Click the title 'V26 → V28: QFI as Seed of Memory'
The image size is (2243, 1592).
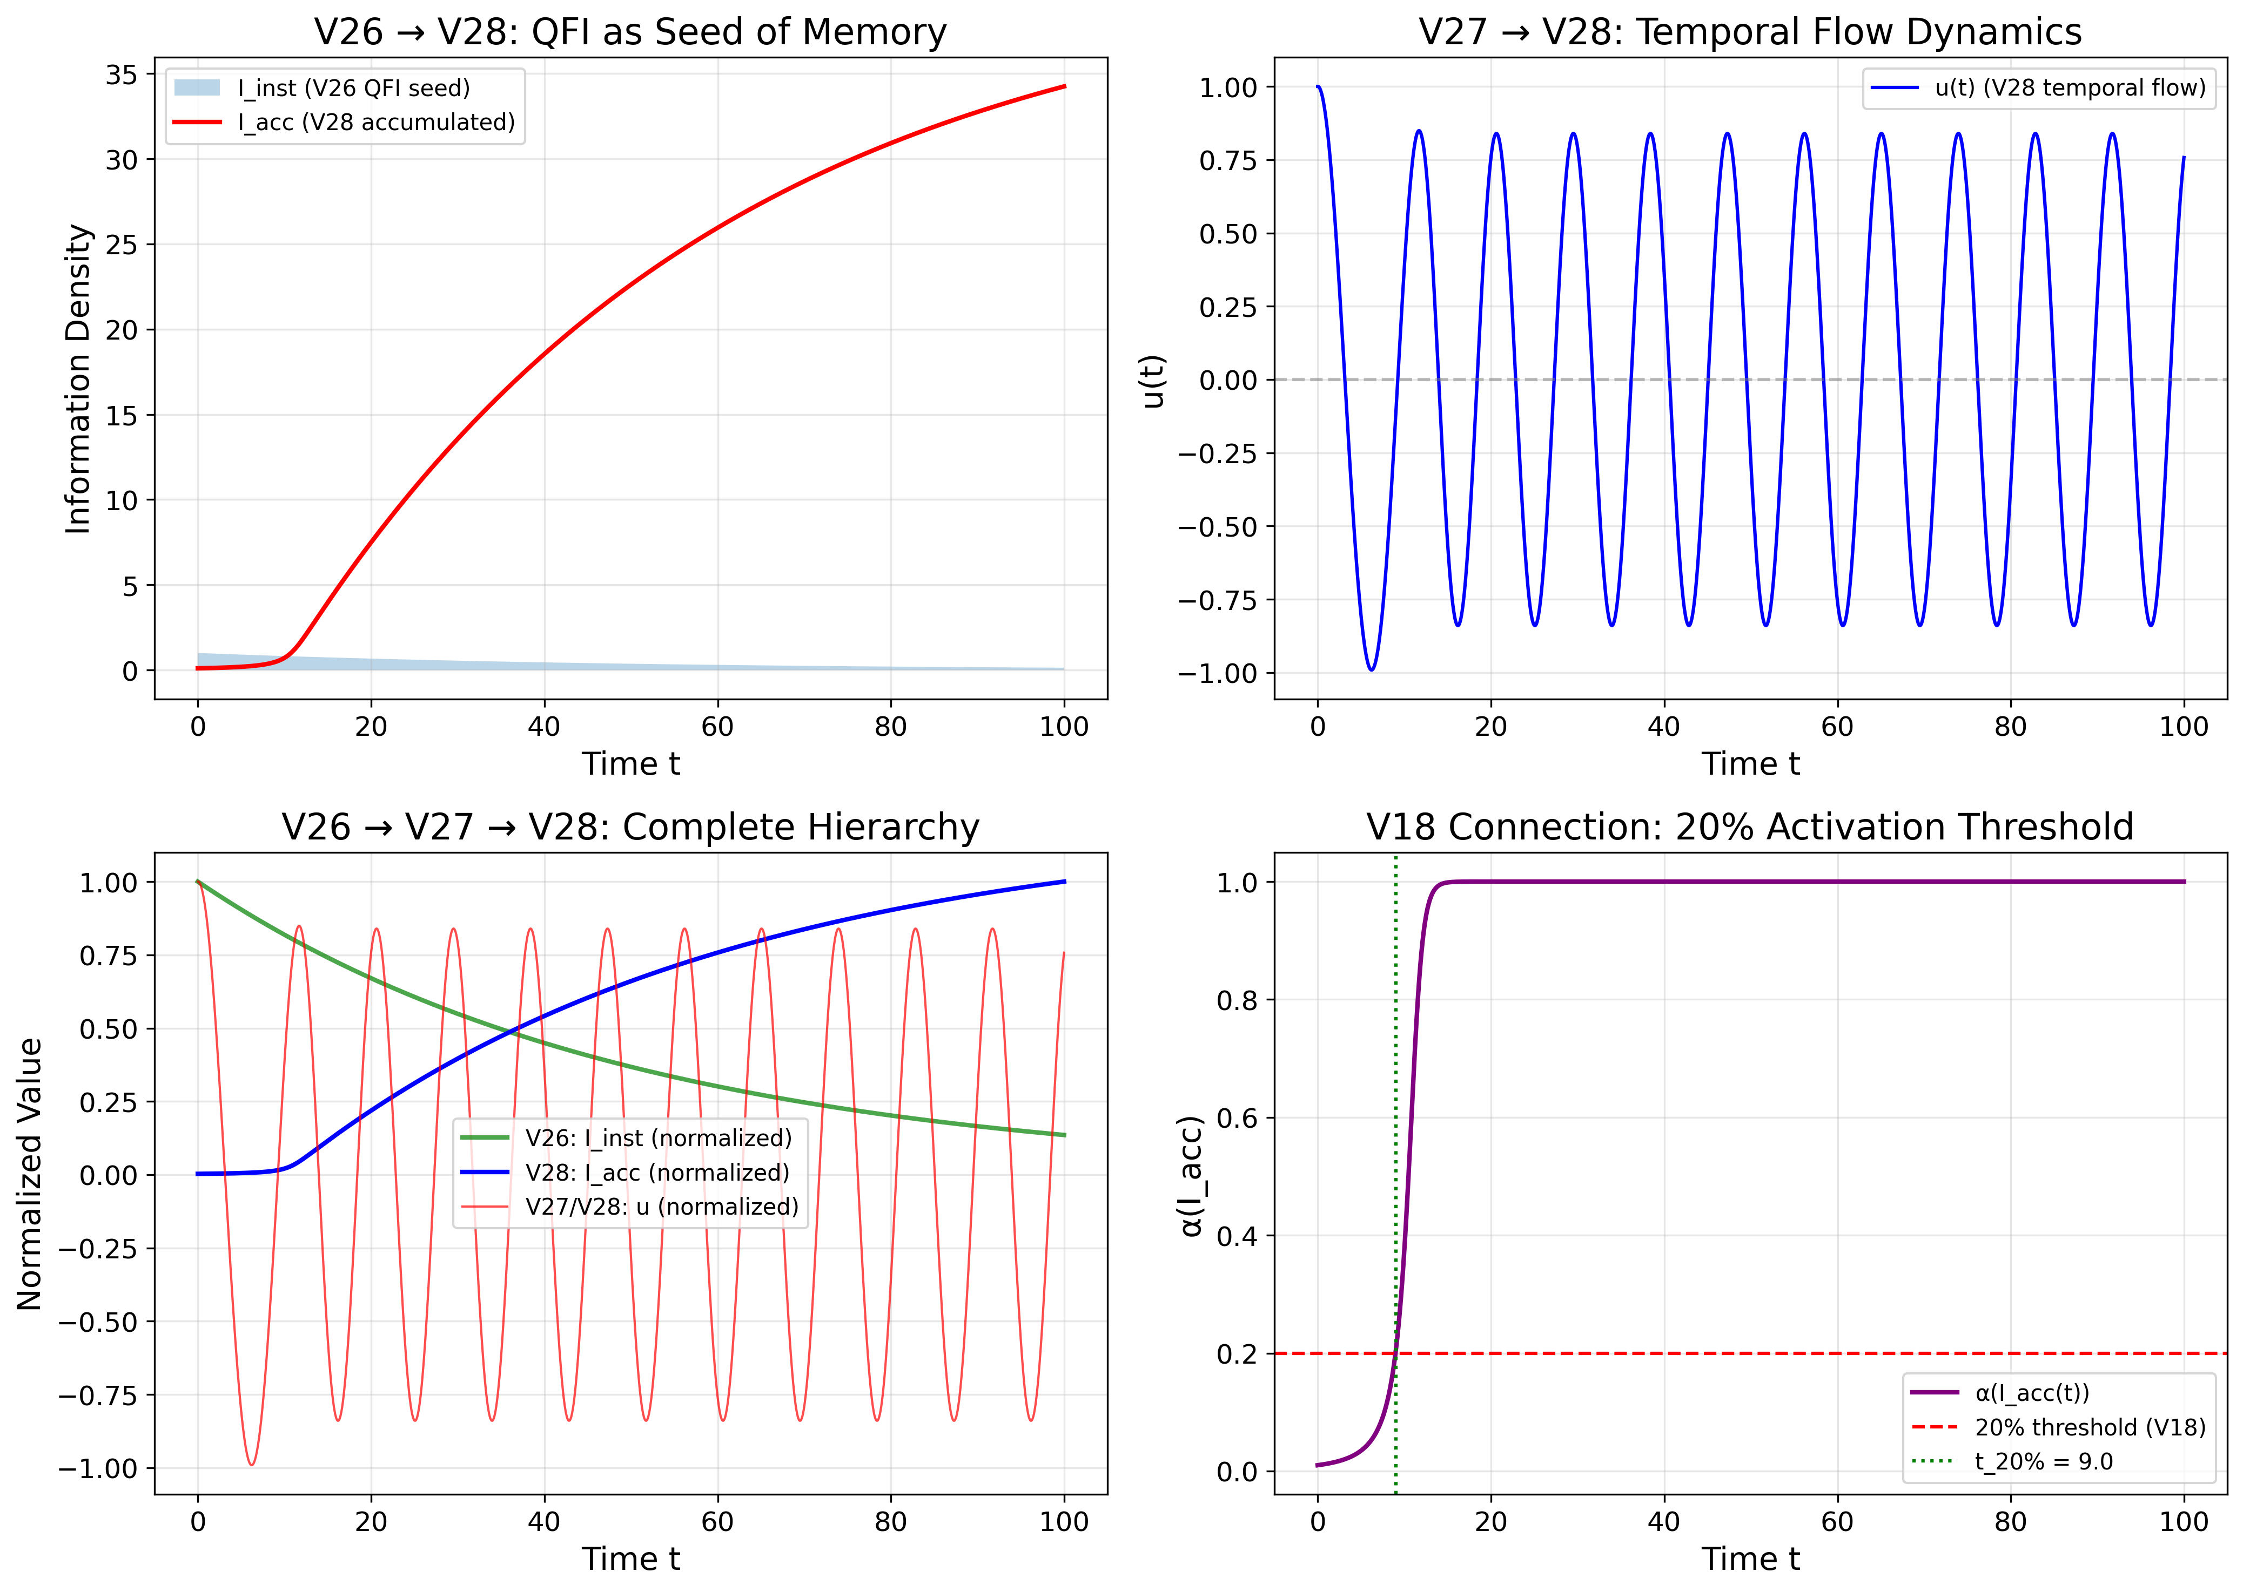point(630,32)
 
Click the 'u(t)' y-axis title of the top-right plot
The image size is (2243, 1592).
point(1153,381)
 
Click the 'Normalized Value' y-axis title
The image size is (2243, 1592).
point(29,1174)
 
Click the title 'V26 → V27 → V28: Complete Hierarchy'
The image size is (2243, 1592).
point(630,828)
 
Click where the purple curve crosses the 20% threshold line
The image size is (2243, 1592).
point(1395,1354)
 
